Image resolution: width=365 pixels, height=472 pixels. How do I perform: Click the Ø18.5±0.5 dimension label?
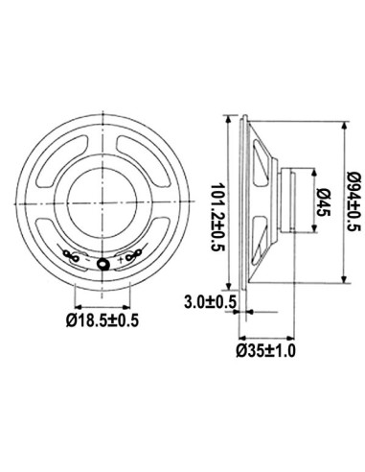tap(102, 319)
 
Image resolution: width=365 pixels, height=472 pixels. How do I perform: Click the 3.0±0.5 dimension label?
tap(210, 302)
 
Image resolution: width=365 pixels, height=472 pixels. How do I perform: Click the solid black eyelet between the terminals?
tap(103, 263)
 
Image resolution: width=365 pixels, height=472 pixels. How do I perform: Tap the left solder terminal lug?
tap(73, 255)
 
